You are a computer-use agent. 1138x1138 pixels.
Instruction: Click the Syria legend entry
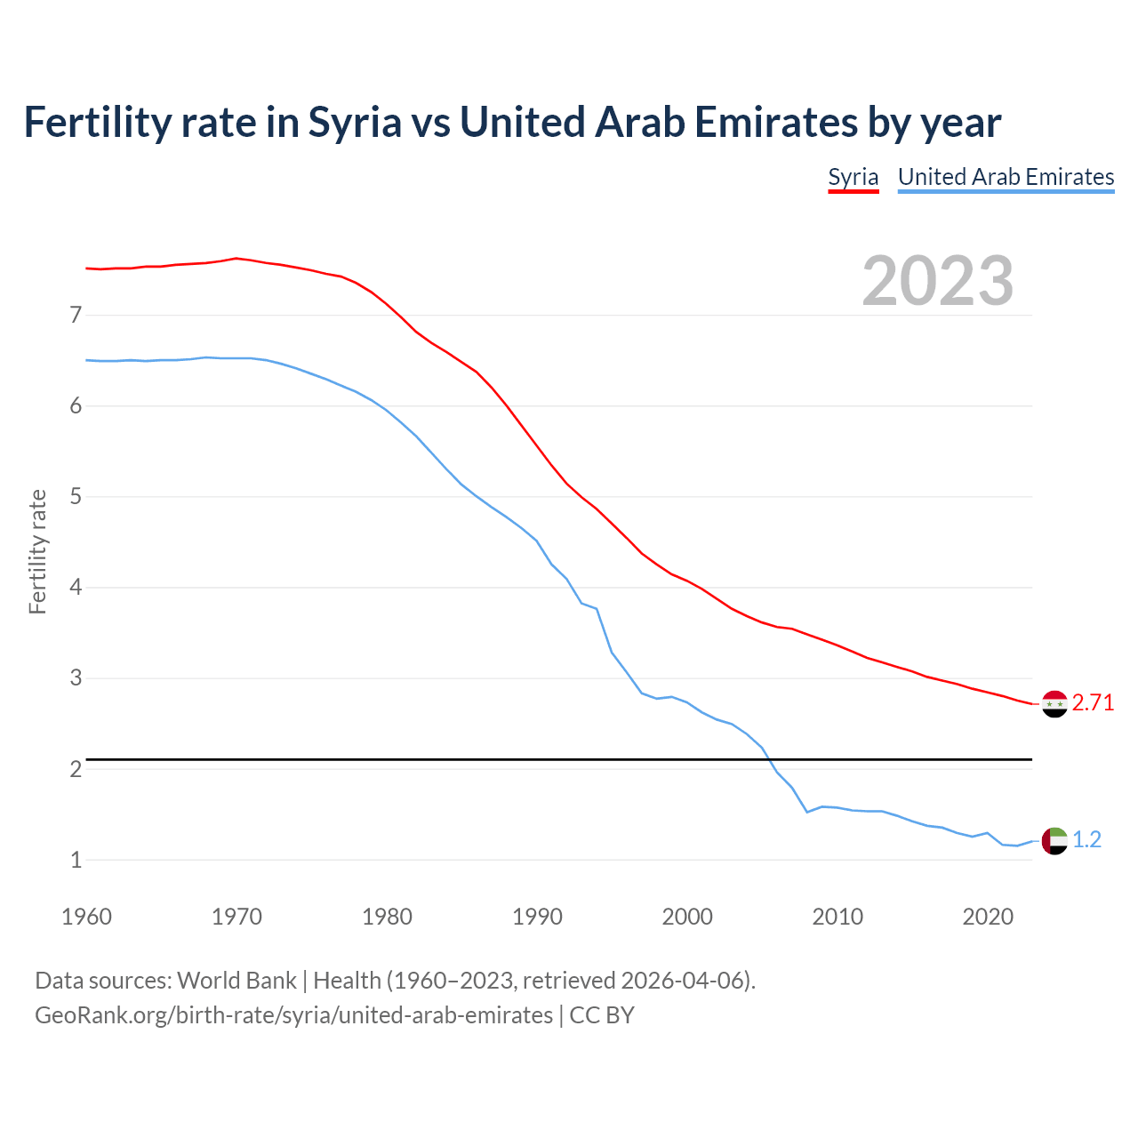tap(853, 177)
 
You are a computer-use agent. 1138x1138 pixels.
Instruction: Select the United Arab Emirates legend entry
tap(1006, 177)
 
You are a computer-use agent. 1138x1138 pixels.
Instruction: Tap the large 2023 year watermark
tap(937, 281)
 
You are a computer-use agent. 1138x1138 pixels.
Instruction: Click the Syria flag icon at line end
tap(1054, 703)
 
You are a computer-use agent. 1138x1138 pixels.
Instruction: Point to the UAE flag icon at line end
tap(1054, 840)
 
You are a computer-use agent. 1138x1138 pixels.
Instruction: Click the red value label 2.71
tap(1093, 703)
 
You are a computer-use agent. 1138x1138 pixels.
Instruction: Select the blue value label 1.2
tap(1086, 840)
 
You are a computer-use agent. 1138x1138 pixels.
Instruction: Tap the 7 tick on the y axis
tap(76, 315)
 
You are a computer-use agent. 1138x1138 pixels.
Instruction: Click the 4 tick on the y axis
tap(76, 588)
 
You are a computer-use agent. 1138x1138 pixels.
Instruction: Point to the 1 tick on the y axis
tap(76, 861)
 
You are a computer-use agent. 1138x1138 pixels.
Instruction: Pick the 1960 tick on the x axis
tap(86, 917)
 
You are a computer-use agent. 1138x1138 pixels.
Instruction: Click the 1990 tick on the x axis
tap(537, 917)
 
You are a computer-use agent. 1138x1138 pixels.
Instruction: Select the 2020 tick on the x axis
tap(988, 917)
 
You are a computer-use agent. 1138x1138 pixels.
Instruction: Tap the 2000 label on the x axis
tap(687, 917)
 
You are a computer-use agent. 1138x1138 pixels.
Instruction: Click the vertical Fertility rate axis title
tap(37, 551)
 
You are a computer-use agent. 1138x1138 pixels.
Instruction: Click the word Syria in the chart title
tap(355, 123)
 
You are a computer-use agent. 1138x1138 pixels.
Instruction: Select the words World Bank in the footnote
tap(236, 981)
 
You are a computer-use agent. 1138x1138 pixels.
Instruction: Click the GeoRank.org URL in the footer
tap(293, 1015)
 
